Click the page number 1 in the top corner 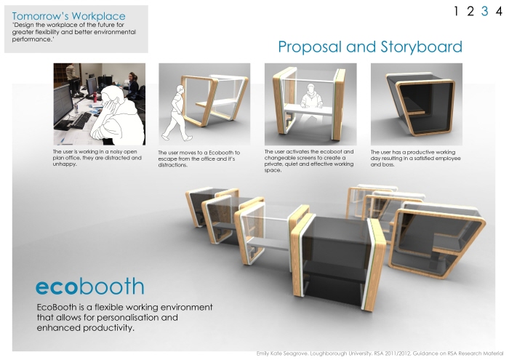pos(456,11)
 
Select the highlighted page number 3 pos(484,11)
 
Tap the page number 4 pos(498,11)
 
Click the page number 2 pos(470,11)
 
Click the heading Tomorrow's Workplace pos(68,16)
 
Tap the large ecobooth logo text pos(89,284)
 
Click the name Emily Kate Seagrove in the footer pos(286,353)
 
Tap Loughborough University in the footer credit pos(346,353)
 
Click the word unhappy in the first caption pos(66,164)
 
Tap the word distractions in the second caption pos(177,165)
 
